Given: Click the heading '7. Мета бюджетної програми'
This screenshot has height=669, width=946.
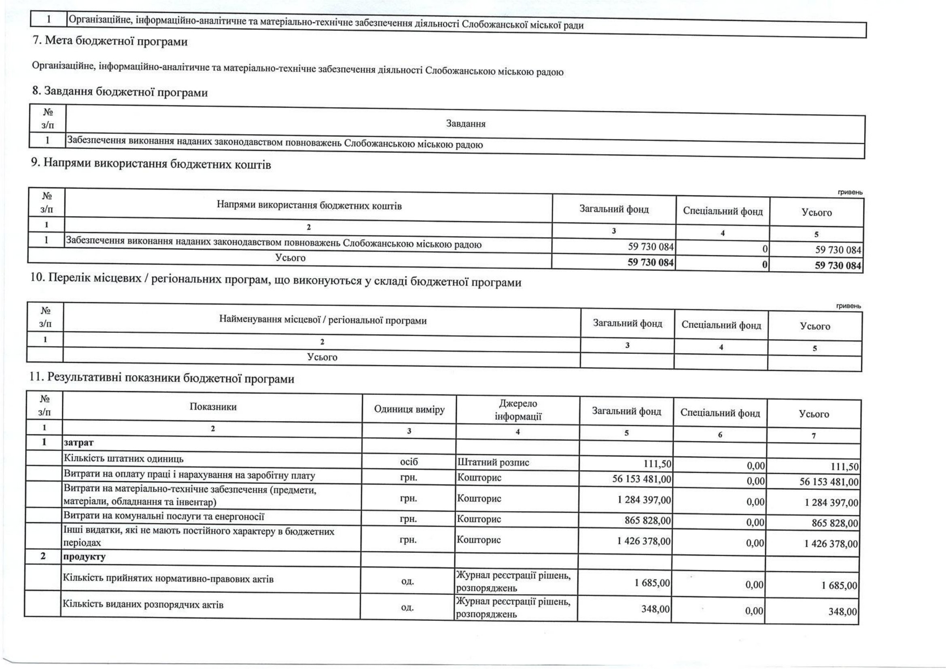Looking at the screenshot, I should (110, 41).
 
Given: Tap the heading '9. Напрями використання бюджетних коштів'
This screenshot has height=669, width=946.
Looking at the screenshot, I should (151, 164).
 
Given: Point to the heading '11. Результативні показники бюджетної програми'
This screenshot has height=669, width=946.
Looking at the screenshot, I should (161, 378).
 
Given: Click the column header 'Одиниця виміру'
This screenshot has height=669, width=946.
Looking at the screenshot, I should (409, 409).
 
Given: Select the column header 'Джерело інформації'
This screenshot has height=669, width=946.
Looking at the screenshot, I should (518, 410).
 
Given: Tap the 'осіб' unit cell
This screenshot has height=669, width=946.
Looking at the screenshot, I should (409, 462).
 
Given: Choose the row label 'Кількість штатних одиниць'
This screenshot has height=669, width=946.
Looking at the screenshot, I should (123, 459).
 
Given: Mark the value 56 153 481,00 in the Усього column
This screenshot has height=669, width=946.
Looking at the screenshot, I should (829, 482).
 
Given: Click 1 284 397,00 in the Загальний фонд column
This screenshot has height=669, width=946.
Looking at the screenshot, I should (644, 500).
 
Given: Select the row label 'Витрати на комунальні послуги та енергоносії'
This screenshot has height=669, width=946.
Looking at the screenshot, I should (163, 517).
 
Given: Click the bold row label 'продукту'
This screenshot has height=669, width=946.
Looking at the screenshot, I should (84, 557).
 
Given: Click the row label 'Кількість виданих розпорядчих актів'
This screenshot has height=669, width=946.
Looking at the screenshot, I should (142, 605).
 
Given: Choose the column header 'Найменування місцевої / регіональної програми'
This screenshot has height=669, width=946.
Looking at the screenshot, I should (322, 320).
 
